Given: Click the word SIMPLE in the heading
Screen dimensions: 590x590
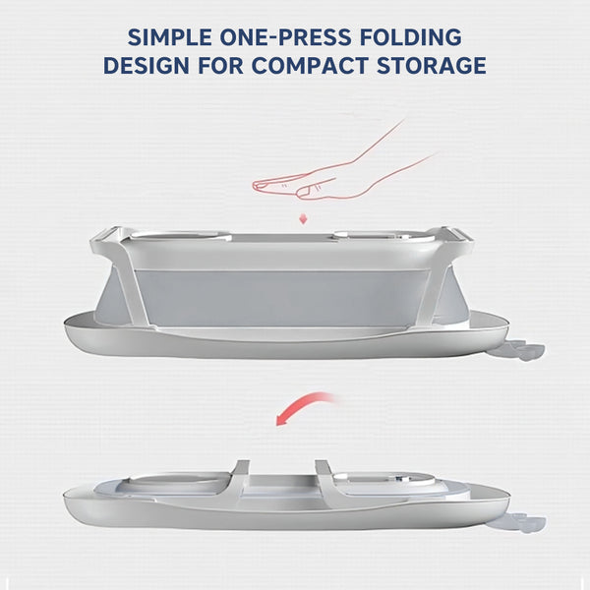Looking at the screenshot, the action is coord(169,37).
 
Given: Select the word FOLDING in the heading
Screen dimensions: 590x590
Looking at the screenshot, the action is coord(411,37).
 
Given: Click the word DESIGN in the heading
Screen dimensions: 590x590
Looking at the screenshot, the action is coord(146,66).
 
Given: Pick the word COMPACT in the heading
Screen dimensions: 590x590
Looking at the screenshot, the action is coord(310,66).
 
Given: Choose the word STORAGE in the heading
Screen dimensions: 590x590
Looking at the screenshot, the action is coord(432,66).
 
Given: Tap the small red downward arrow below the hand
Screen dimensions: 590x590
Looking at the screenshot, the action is coord(303,218).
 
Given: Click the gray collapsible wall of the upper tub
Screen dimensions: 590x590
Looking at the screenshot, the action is coord(282,297).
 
